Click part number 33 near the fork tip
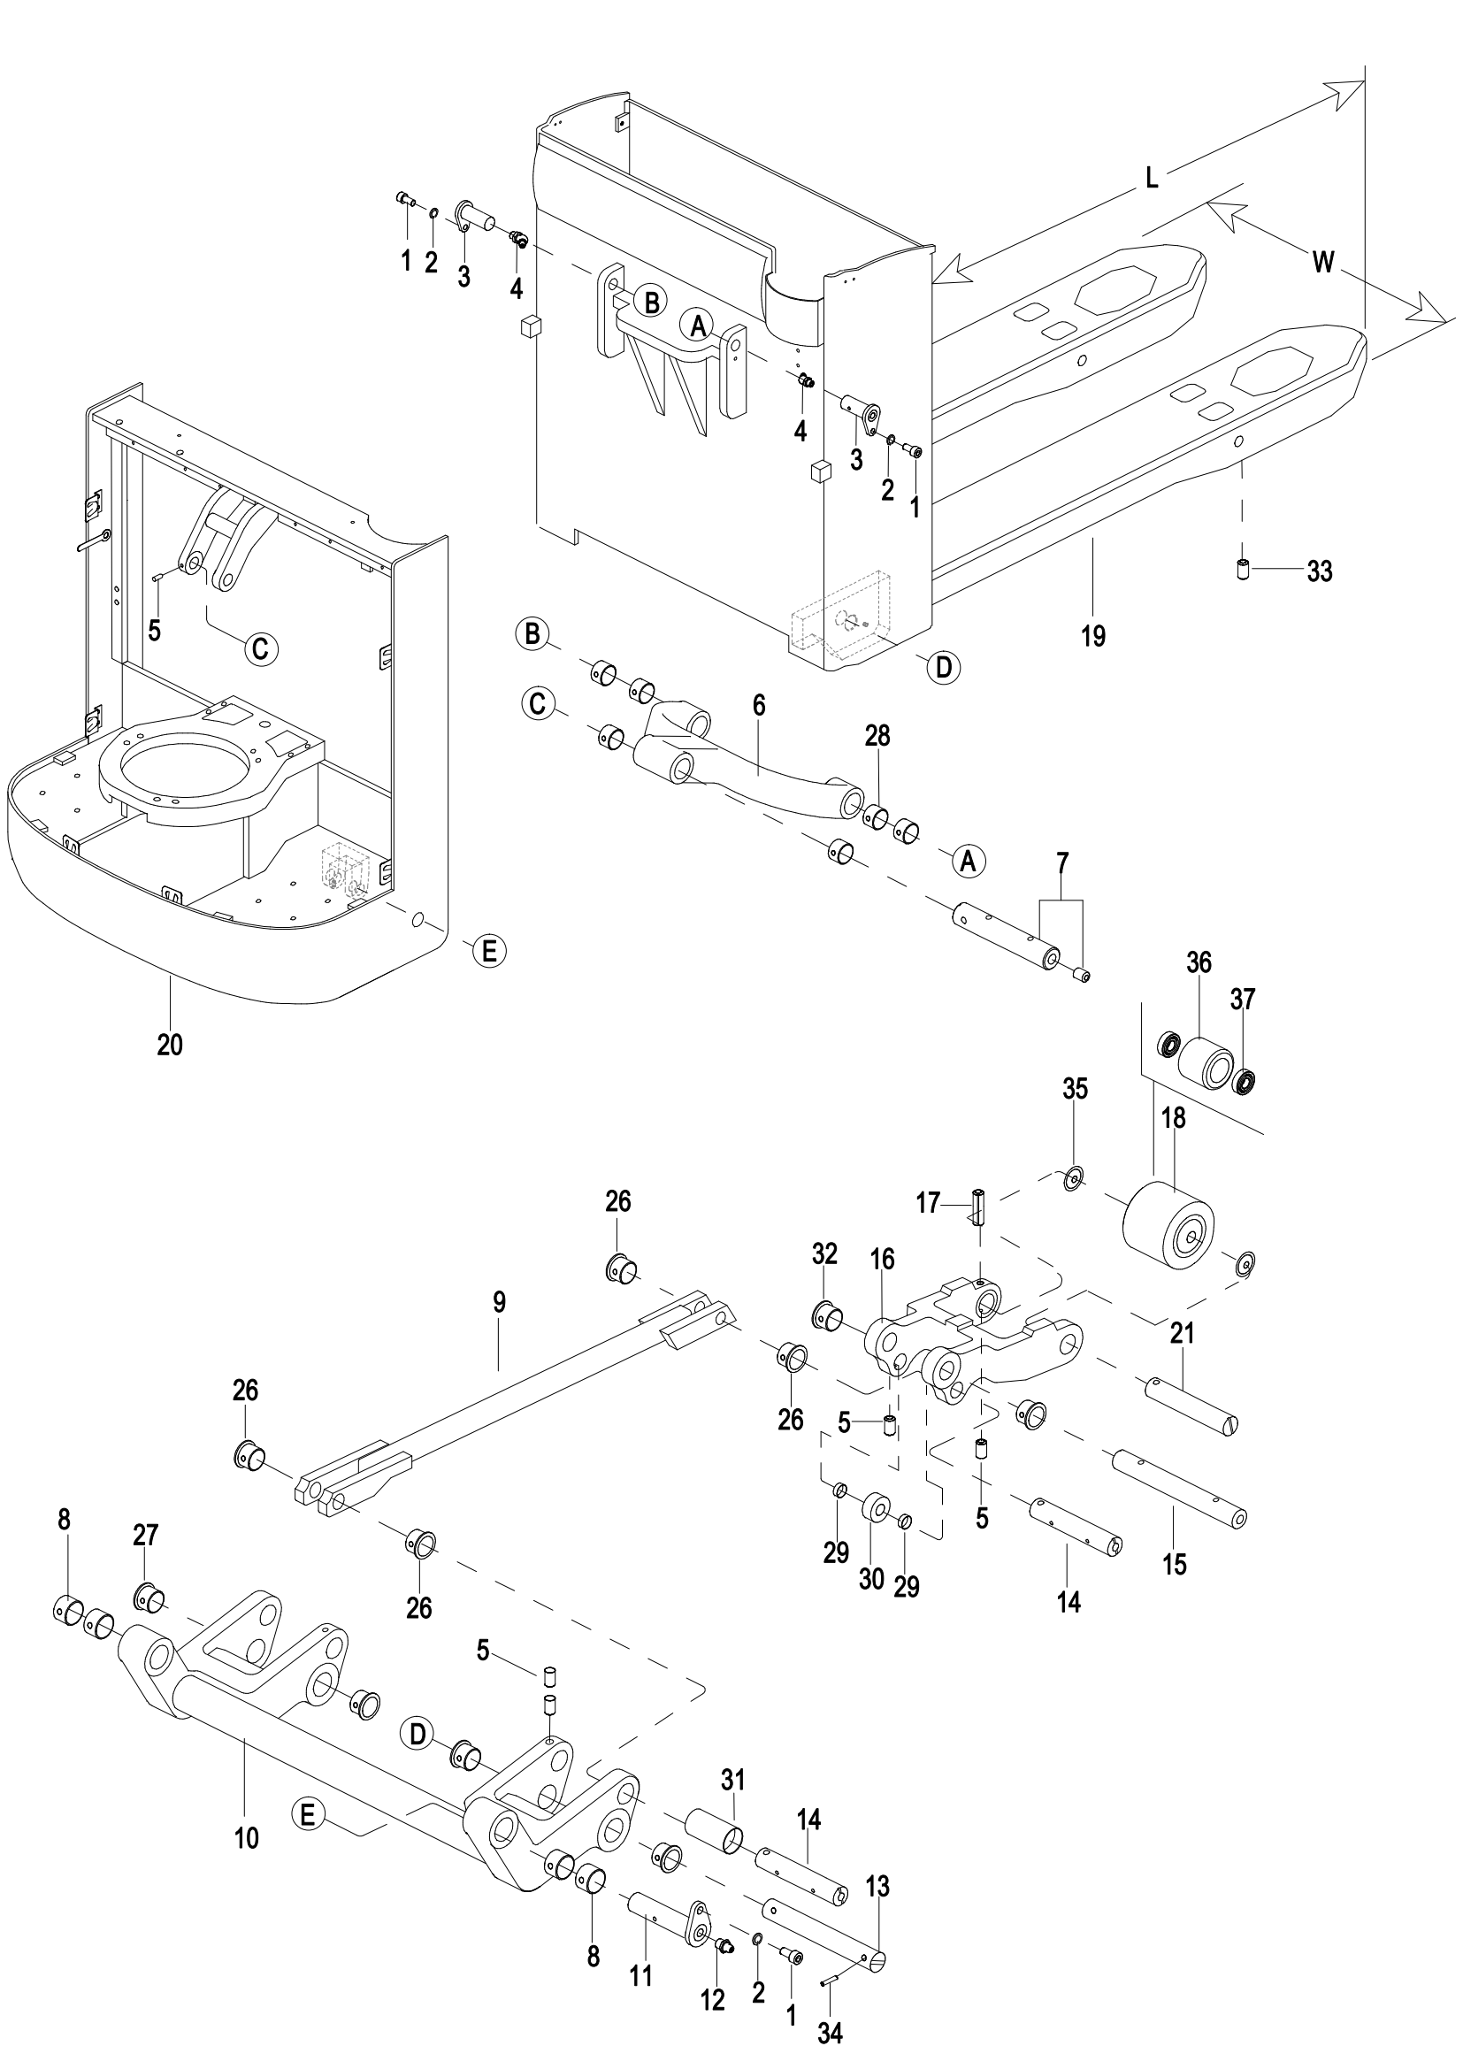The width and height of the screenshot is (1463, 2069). coord(1319,571)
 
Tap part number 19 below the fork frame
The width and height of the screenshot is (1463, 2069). coord(1092,636)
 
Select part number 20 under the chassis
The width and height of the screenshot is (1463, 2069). coord(169,1045)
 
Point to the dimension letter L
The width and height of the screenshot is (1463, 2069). coord(1152,179)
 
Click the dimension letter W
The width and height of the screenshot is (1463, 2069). coord(1322,262)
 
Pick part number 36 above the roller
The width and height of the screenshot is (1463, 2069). coord(1199,962)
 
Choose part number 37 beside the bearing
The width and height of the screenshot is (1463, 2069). coord(1242,1000)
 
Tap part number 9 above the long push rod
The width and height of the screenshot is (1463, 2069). coord(499,1301)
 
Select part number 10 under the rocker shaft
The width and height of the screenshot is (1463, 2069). coord(247,1837)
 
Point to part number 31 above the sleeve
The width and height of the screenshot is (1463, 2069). coord(733,1780)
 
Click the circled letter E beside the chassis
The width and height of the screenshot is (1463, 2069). coord(489,950)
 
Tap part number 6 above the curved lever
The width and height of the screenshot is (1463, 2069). coord(759,706)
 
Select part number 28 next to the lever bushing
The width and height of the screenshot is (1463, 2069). coord(877,736)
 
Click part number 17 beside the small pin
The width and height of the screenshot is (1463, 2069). coord(928,1203)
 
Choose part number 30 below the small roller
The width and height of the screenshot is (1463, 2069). coord(871,1579)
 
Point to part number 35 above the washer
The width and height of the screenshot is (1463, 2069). coord(1075,1089)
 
